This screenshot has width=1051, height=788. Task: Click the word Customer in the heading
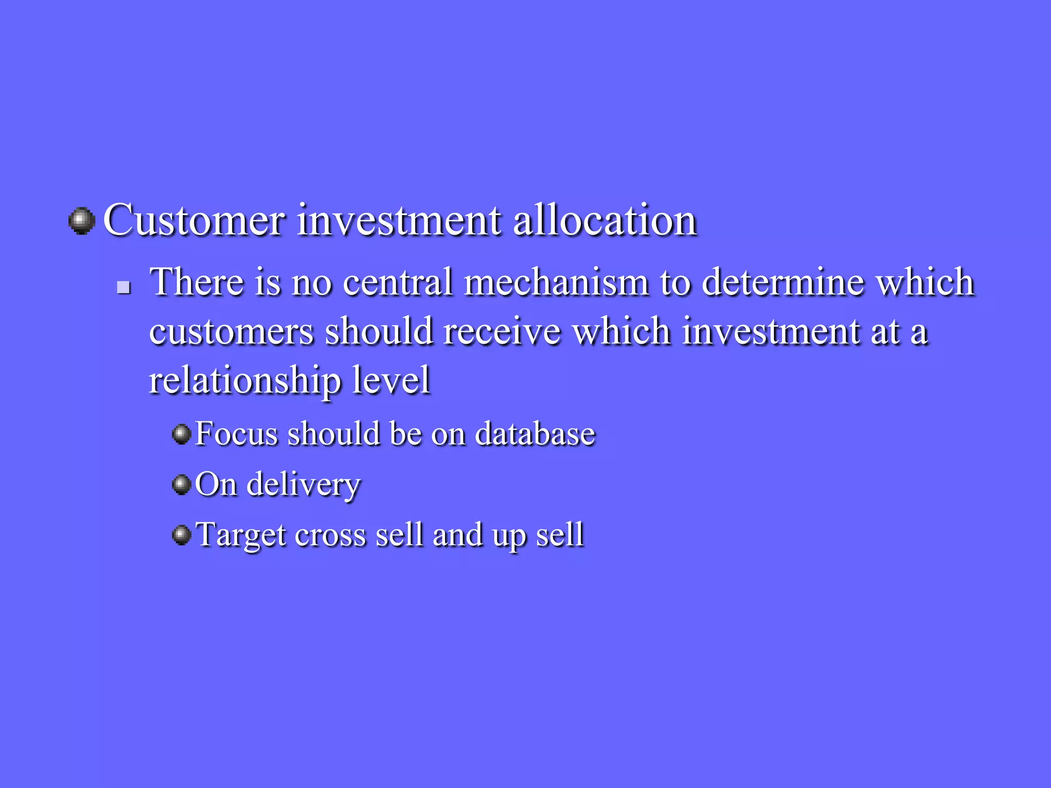tap(193, 221)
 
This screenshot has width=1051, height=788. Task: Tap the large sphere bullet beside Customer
tap(82, 221)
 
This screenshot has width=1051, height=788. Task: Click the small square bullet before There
tap(123, 287)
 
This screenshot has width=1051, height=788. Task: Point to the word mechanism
tap(556, 282)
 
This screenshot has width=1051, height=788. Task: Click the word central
tap(398, 282)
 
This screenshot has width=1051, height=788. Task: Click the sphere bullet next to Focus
tap(181, 434)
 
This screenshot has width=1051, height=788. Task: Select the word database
tap(535, 434)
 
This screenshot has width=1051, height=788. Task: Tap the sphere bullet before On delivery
tap(181, 484)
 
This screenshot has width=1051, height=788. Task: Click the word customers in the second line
tap(231, 331)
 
